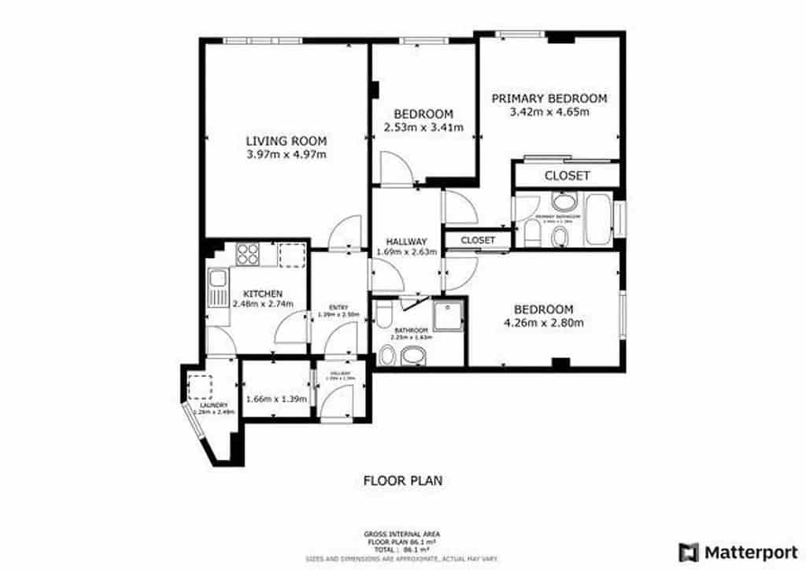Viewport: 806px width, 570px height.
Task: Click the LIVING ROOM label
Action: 286,141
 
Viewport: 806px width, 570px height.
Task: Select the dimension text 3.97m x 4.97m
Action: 286,154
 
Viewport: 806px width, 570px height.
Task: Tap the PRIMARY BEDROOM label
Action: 549,98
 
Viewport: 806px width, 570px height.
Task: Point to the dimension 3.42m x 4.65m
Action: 549,112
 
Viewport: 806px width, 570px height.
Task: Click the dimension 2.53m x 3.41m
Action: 423,127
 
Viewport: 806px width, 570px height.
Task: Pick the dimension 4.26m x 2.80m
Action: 543,322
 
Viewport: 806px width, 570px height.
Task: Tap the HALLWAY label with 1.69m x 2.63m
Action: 406,241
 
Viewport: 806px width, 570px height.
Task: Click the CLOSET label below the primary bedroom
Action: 567,176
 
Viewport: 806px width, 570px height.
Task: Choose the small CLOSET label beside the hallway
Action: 478,239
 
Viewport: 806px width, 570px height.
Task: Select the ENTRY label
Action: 338,306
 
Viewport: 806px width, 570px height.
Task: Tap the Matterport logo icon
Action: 689,551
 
